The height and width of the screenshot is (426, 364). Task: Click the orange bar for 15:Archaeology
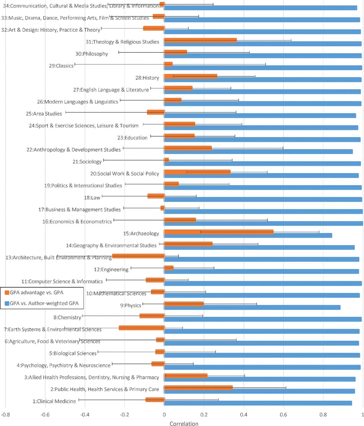click(219, 232)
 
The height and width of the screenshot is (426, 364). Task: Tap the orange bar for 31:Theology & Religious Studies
click(200, 40)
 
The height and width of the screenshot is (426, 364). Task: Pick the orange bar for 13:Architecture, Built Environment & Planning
click(138, 256)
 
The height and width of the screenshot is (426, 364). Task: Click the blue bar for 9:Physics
click(252, 307)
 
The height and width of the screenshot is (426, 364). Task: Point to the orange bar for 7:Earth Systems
click(142, 328)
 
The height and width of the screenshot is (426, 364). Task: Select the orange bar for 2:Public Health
click(198, 388)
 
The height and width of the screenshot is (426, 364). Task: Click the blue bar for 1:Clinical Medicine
click(258, 403)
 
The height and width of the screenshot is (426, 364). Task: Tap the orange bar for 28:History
click(191, 76)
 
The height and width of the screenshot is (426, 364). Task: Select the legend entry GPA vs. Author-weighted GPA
click(44, 303)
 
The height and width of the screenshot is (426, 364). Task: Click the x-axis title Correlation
click(184, 423)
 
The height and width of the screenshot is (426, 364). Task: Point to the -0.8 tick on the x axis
click(5, 415)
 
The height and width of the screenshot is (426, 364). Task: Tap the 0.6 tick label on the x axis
click(283, 415)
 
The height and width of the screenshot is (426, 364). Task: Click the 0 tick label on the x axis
click(164, 415)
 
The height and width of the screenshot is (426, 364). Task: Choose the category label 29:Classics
click(61, 66)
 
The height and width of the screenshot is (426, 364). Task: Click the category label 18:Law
click(92, 198)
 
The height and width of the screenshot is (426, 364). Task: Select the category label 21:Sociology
click(87, 162)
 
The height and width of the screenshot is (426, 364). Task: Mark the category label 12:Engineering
click(111, 269)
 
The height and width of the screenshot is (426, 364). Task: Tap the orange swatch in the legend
click(7, 293)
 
